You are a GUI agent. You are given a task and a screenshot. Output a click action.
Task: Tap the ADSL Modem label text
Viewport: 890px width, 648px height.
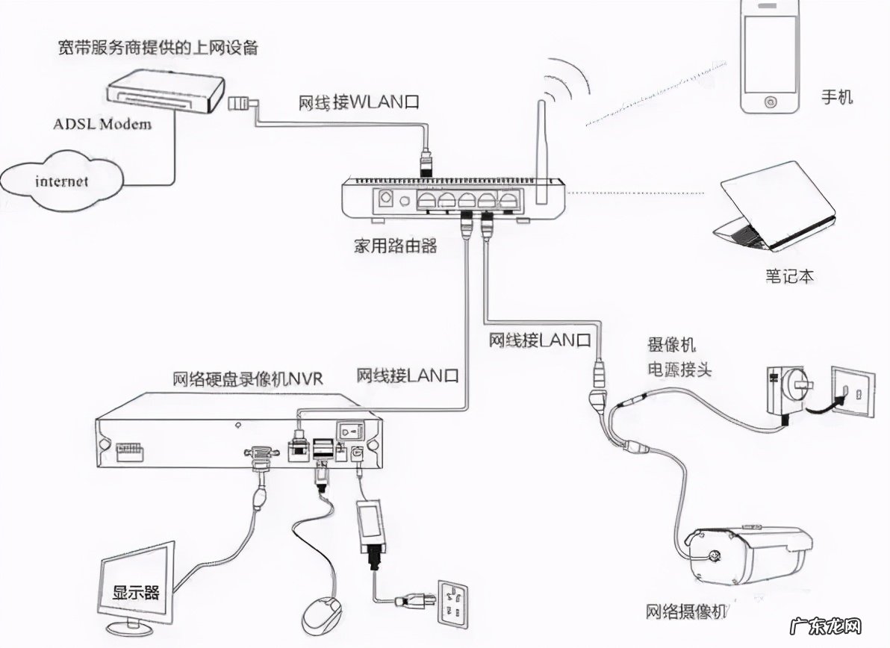(102, 123)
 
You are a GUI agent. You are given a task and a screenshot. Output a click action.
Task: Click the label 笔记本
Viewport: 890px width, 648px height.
(789, 276)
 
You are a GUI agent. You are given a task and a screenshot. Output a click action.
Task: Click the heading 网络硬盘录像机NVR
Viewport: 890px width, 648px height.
(247, 378)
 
